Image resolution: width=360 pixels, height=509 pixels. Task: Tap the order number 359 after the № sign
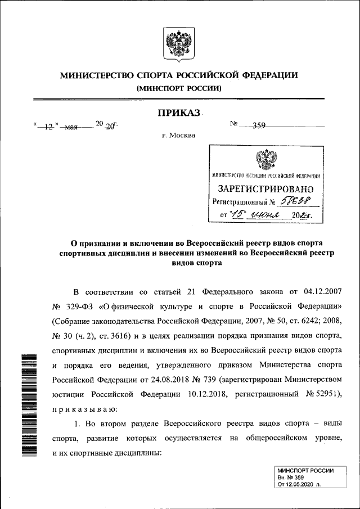point(259,126)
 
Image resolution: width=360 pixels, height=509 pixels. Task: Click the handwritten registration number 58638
point(296,201)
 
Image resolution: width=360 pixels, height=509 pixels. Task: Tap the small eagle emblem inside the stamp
point(265,159)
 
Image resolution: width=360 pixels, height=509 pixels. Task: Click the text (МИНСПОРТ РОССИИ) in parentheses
point(179,88)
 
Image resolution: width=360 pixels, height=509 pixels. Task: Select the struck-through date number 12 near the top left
point(48,127)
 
